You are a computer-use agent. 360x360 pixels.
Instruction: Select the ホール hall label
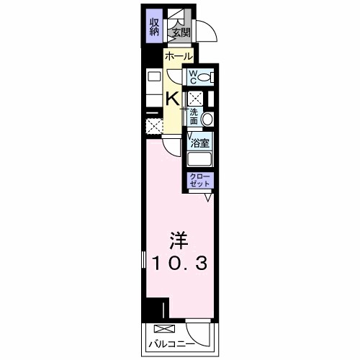tap(178, 56)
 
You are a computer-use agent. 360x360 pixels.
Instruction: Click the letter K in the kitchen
tap(174, 99)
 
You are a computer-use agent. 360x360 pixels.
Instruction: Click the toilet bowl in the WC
tap(205, 77)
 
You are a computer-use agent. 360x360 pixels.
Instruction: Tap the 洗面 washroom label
tap(194, 115)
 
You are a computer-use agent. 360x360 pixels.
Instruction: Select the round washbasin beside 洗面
tap(207, 119)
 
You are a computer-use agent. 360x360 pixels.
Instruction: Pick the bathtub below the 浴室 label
tap(199, 160)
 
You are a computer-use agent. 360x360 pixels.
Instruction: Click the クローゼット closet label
tap(199, 180)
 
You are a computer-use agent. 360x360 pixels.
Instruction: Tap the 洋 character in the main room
tap(179, 239)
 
